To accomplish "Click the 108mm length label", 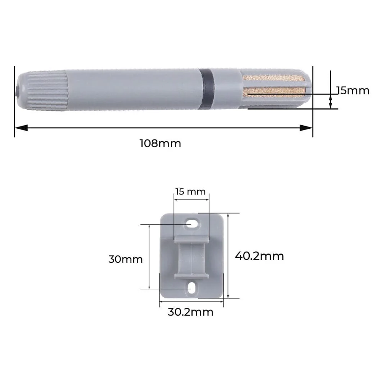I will coord(160,144).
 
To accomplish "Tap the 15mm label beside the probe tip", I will coord(353,91).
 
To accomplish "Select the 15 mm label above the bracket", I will coord(190,191).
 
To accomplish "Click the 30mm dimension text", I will coord(125,259).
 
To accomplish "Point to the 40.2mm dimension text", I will coord(259,256).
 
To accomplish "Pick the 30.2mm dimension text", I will coord(190,312).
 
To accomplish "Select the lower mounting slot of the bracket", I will coord(191,288).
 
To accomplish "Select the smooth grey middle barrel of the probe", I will coord(134,89).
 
